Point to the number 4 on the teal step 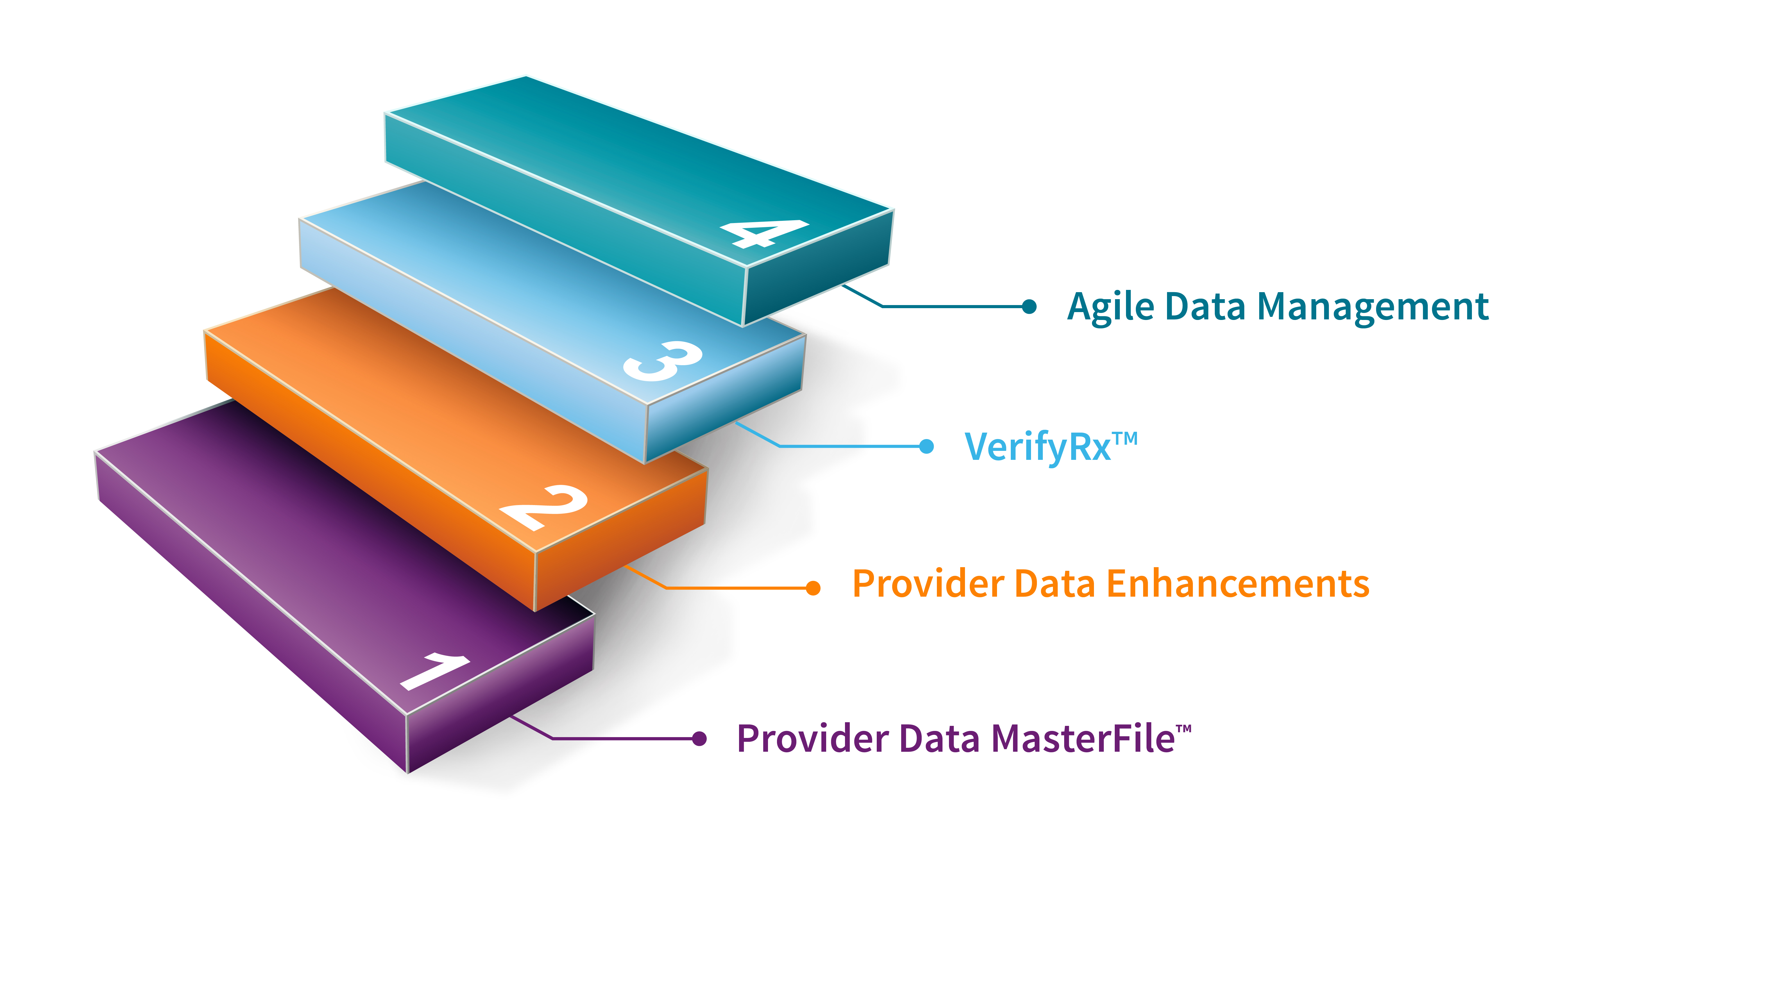[764, 233]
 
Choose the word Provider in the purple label [812, 739]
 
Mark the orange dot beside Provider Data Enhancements [813, 588]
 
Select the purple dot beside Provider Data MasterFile [699, 739]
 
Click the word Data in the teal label [1205, 307]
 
